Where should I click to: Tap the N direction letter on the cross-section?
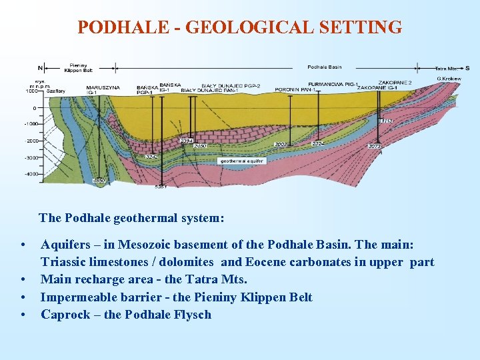41,67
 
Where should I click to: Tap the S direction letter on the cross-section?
467,67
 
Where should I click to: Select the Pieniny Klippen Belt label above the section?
79,67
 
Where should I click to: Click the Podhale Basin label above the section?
325,67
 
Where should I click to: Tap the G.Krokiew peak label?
449,79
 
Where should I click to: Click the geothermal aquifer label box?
241,161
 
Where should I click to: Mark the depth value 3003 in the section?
281,144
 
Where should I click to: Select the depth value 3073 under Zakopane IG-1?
375,146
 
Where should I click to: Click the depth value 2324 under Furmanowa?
319,143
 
